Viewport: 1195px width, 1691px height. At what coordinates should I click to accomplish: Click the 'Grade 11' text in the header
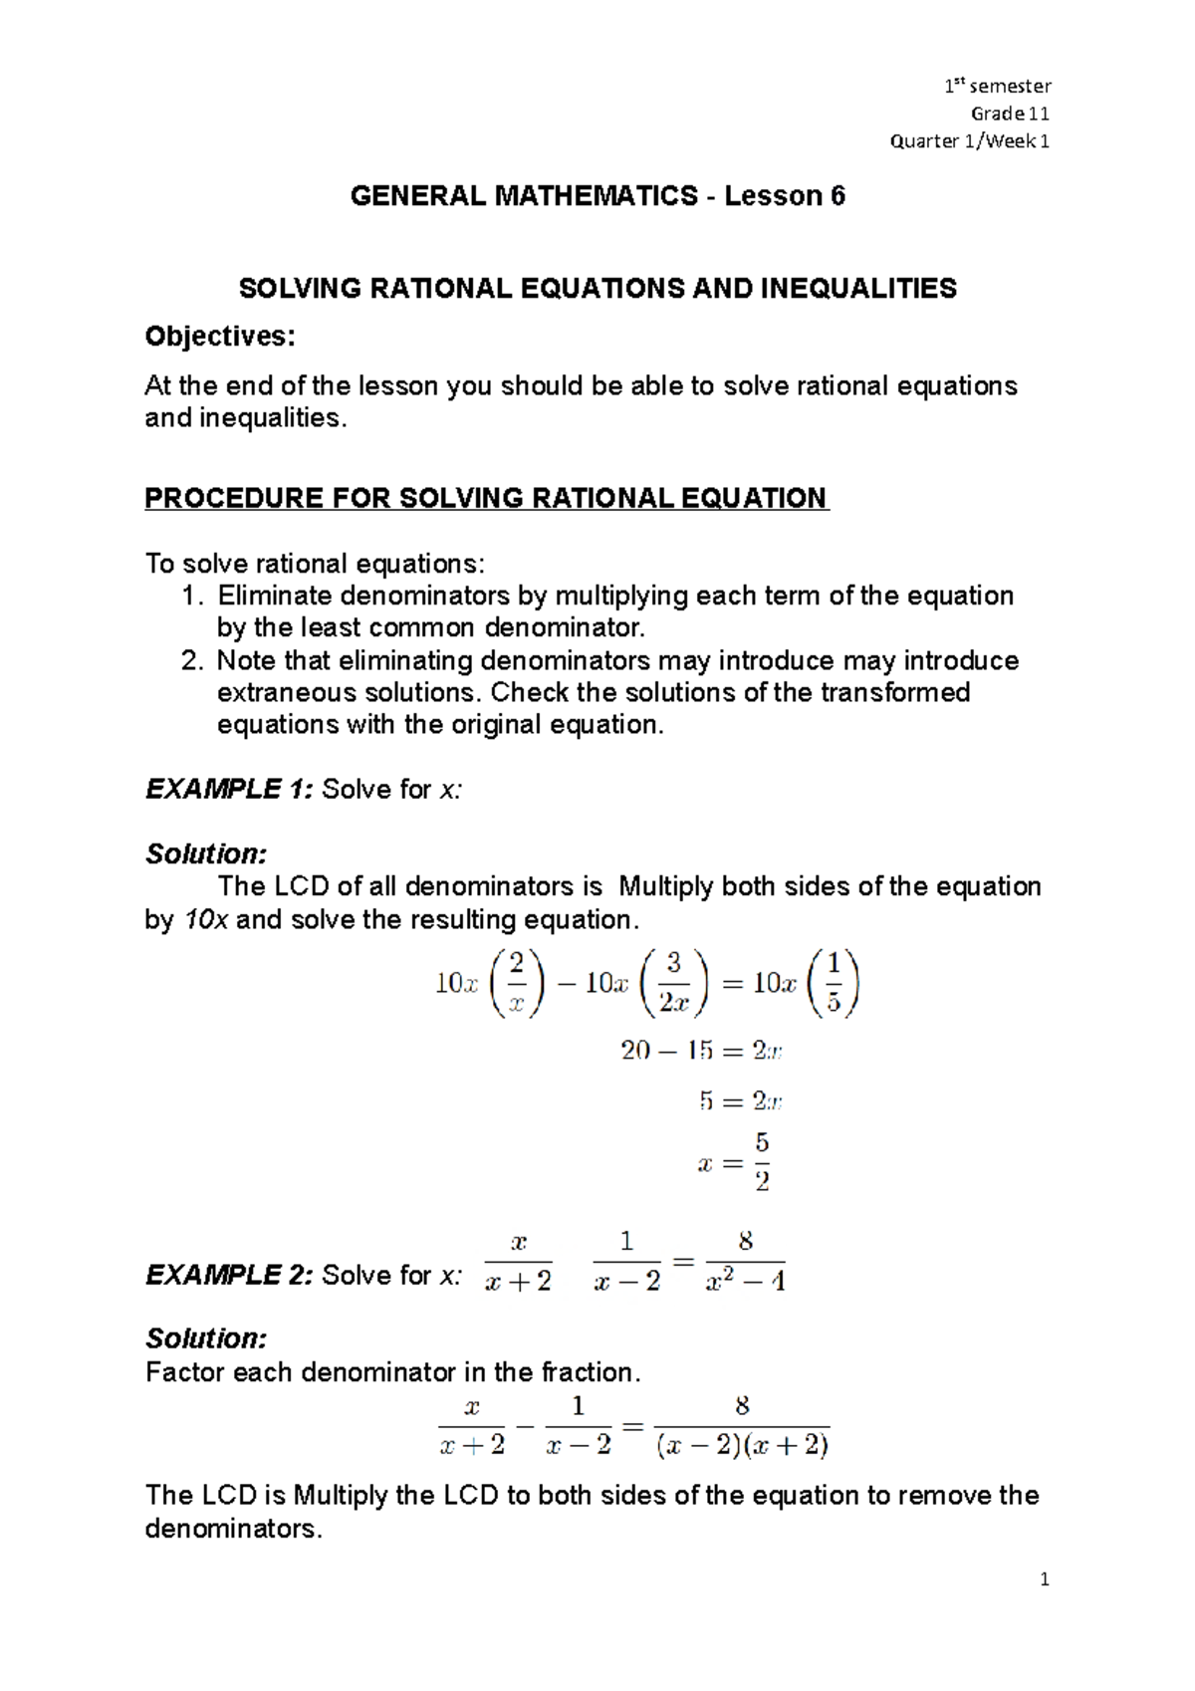[x=1010, y=114]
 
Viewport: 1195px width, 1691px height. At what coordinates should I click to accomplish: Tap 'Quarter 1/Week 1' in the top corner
[x=969, y=141]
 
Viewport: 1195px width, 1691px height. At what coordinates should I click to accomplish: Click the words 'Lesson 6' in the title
[x=785, y=196]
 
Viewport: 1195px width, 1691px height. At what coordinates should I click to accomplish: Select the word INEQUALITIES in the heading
[x=858, y=289]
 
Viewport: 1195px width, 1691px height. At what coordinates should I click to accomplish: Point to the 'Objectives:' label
[x=220, y=337]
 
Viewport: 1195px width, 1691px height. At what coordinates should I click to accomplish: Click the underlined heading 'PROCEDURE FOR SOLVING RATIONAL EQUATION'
[x=486, y=498]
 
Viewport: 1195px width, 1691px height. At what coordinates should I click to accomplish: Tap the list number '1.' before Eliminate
[x=193, y=597]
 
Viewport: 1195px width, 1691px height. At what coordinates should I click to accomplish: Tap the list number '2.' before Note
[x=193, y=661]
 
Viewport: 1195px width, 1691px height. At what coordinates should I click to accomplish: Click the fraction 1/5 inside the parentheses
[x=834, y=983]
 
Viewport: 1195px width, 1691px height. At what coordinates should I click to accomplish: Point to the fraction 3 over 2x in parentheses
[x=674, y=983]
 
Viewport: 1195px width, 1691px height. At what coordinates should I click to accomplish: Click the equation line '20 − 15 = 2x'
[x=701, y=1051]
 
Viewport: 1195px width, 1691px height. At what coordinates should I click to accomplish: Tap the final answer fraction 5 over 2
[x=762, y=1162]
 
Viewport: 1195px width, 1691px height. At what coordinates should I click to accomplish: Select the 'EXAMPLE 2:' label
[x=229, y=1276]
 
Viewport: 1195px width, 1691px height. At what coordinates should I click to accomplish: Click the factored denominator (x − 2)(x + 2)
[x=743, y=1446]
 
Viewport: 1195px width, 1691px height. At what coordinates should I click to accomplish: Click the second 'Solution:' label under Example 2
[x=206, y=1338]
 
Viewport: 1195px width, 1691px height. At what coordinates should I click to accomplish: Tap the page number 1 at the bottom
[x=1044, y=1579]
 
